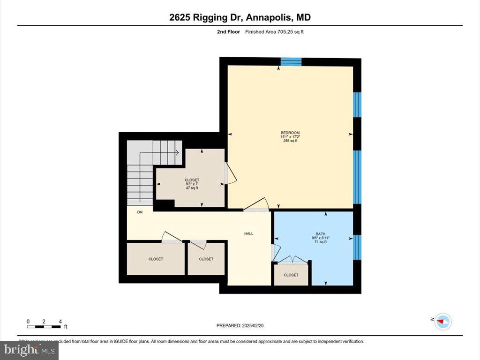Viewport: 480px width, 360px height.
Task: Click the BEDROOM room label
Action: point(290,133)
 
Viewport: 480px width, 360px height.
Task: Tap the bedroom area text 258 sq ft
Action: point(290,141)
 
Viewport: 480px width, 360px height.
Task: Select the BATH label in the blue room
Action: point(321,233)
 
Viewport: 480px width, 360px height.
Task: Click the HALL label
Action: point(249,233)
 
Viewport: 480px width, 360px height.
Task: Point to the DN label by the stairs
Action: point(140,212)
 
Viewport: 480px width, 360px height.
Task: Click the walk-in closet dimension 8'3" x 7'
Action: point(192,184)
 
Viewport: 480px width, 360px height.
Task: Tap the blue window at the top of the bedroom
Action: point(291,61)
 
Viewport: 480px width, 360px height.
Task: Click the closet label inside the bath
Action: point(291,275)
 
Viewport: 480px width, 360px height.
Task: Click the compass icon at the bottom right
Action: point(442,321)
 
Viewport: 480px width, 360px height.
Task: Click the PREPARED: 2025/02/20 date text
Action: point(243,325)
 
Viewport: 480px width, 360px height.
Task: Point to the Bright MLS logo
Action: point(29,350)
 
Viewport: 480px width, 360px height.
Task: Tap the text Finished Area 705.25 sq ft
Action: point(278,32)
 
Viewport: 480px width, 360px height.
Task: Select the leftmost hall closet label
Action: point(156,259)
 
